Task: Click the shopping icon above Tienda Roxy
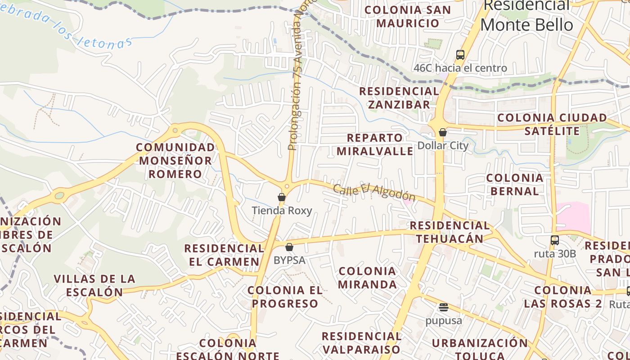coord(282,197)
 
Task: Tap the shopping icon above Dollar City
coord(443,132)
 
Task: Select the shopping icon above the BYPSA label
coord(289,247)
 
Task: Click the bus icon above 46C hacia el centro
coord(460,55)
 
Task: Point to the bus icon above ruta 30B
coord(555,240)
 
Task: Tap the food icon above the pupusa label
coord(444,307)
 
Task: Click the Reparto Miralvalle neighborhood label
coord(375,144)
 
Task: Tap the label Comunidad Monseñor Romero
coord(175,161)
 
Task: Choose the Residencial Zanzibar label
coord(399,98)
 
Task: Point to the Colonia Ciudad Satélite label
coord(552,124)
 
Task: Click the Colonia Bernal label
coord(515,184)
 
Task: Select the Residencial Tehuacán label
coord(450,232)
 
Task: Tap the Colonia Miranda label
coord(367,278)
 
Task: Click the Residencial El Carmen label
coord(224,255)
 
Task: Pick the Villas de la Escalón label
coord(94,285)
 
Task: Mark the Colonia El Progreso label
coord(285,297)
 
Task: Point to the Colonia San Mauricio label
coord(408,17)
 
